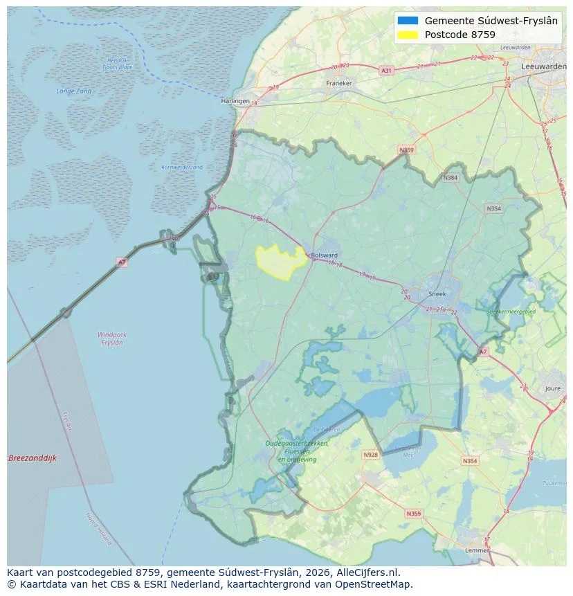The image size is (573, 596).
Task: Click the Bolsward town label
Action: (325, 255)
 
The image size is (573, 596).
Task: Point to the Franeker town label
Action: (338, 83)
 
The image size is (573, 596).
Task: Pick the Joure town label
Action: (552, 389)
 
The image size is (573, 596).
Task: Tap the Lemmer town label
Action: (476, 550)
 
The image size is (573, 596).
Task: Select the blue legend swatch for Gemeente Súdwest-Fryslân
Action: (408, 21)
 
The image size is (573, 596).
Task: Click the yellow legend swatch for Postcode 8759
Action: (408, 35)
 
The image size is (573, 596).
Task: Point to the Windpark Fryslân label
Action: (112, 338)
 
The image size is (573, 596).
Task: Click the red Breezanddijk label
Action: (33, 458)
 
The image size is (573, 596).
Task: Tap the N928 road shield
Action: (370, 455)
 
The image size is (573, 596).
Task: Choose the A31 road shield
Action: (386, 71)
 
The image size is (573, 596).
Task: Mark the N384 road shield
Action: (451, 178)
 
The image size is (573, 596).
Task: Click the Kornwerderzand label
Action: (182, 167)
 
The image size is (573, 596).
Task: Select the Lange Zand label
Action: (73, 91)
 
